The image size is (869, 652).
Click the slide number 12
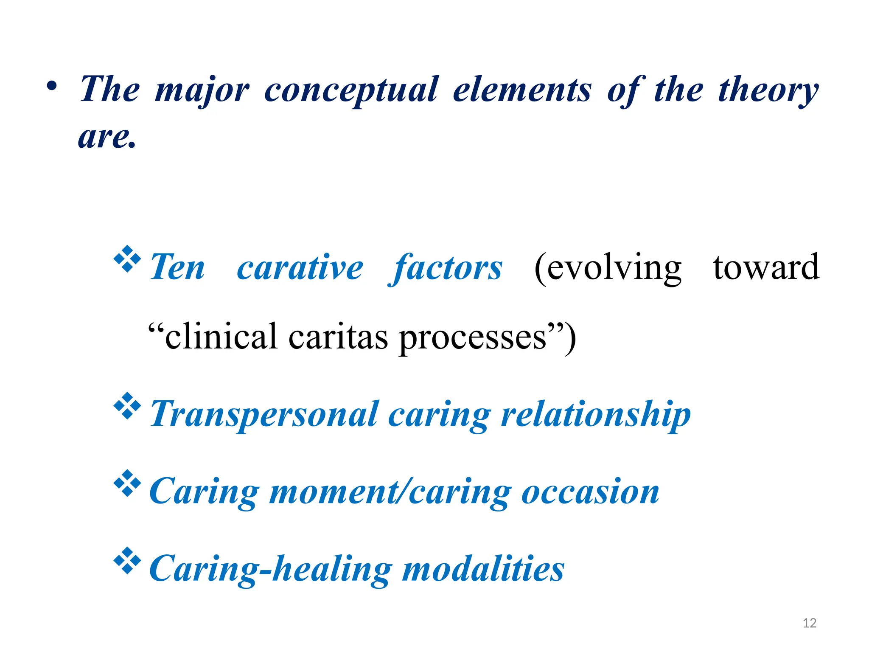coord(810,623)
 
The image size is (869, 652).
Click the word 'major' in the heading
coord(202,90)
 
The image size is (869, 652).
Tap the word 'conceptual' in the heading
coord(351,90)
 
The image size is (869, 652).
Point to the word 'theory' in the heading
coord(768,90)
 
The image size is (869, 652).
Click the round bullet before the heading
coord(52,86)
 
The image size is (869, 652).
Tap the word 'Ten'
coord(177,267)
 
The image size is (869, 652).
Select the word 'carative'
coord(300,267)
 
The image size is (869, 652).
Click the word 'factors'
coord(446,267)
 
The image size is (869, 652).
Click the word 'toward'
coord(766,267)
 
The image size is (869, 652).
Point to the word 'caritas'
coord(338,337)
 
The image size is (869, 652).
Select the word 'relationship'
coord(596,415)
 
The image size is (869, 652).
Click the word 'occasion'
coord(590,492)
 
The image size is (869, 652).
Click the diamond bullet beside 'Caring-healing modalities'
coord(127,560)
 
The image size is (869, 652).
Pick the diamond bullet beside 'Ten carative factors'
coord(127,259)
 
